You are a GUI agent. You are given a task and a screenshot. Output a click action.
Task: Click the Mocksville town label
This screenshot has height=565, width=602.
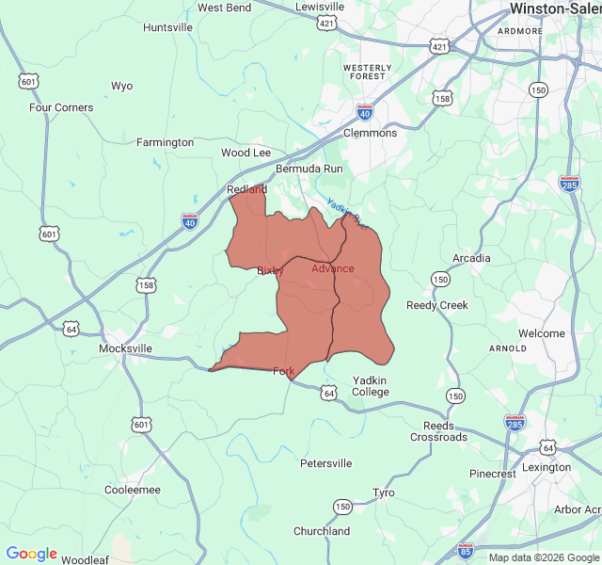[x=125, y=348]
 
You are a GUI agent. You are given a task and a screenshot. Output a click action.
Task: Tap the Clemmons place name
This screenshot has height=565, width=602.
[x=370, y=133]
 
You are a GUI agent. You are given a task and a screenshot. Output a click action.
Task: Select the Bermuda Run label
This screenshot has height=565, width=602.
[x=309, y=169]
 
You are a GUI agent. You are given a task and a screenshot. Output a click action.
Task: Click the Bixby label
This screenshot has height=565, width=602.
[x=270, y=270]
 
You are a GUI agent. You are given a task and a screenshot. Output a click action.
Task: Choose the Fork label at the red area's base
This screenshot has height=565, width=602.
[x=283, y=371]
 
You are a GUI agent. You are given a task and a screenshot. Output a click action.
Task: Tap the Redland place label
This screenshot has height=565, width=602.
[x=246, y=189]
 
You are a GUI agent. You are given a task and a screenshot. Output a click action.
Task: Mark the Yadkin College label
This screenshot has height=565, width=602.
[x=371, y=386]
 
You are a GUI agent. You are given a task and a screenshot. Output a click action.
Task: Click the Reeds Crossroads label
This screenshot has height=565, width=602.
[x=438, y=431]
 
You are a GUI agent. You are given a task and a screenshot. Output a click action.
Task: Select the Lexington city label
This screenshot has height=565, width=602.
[x=547, y=467]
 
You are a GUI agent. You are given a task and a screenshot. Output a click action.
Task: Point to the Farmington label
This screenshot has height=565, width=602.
[x=165, y=142]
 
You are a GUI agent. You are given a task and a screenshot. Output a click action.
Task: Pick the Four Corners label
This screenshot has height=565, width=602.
[x=61, y=107]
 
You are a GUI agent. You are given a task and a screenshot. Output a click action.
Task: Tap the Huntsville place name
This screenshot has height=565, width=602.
[x=167, y=27]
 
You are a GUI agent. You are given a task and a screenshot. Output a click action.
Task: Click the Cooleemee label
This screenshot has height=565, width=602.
[x=132, y=490]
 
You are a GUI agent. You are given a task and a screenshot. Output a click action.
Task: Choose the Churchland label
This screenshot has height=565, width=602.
[x=322, y=531]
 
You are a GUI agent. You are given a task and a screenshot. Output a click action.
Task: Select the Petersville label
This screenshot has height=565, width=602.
[x=325, y=463]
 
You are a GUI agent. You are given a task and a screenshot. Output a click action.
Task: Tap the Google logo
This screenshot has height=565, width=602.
[x=31, y=554]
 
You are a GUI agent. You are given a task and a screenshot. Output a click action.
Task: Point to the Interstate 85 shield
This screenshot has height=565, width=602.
[x=466, y=549]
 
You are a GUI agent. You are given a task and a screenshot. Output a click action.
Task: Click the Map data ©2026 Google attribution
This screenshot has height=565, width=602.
[x=544, y=557]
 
